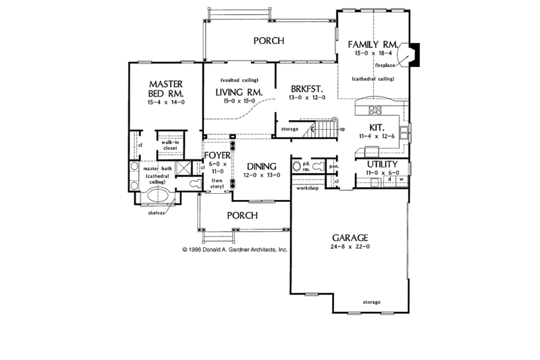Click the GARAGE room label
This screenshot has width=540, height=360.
point(349,238)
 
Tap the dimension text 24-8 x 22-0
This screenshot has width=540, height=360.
point(349,249)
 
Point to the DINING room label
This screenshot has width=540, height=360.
point(261,166)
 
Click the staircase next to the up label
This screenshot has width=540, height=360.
point(321,128)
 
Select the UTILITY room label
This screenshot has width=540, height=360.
point(382,164)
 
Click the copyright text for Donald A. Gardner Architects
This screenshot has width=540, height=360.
point(234,249)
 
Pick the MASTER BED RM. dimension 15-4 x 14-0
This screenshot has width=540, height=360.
point(165,102)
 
